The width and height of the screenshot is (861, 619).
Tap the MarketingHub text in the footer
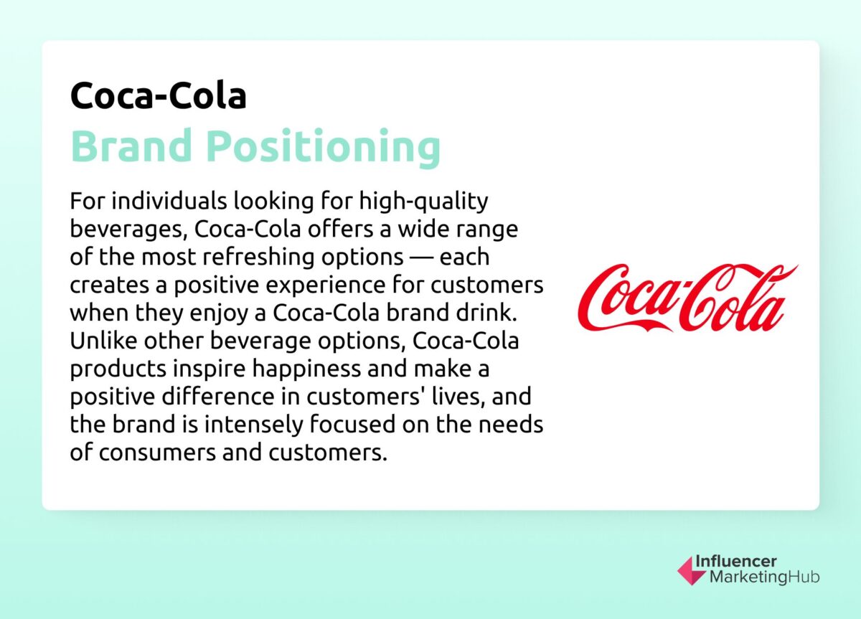tap(764, 577)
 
